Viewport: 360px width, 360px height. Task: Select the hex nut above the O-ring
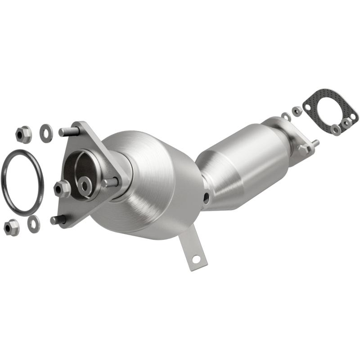tap(23, 134)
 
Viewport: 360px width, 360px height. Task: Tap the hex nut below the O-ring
tap(11, 227)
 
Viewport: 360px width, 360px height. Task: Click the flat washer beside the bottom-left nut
tap(33, 224)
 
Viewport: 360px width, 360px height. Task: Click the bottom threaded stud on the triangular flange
tap(58, 220)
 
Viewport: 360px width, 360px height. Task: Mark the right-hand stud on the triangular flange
tap(111, 183)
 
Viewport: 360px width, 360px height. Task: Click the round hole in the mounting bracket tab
tap(196, 259)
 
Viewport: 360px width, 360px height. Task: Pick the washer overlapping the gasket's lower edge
tap(335, 130)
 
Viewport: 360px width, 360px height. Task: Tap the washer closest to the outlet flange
tap(286, 117)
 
